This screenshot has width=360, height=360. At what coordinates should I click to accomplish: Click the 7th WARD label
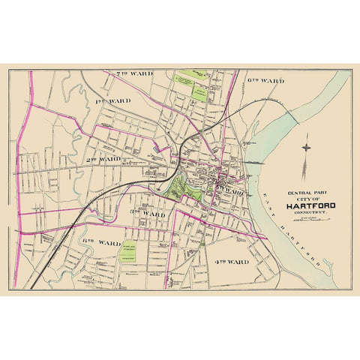(134, 74)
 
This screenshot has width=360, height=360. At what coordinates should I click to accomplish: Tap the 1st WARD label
(114, 100)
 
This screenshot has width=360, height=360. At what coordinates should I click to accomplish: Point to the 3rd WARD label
(148, 214)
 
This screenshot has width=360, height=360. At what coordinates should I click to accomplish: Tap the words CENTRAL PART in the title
(304, 193)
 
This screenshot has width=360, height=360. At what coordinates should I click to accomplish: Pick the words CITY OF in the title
(304, 199)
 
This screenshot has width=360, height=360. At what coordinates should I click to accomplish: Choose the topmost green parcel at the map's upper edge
(193, 75)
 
